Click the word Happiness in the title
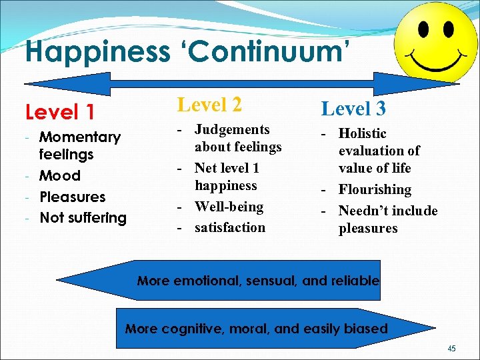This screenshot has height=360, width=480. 96,51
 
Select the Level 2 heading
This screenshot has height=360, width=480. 209,105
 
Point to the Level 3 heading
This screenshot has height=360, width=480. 353,108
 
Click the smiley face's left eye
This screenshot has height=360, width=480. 423,30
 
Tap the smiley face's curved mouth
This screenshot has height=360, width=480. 436,65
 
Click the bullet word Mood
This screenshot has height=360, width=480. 60,176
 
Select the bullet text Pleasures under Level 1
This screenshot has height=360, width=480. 73,197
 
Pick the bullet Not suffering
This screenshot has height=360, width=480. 83,218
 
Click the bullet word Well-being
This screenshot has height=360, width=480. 229,207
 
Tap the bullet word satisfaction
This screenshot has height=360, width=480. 229,228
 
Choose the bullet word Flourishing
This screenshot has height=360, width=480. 375,190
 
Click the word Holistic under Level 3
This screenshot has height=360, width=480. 362,134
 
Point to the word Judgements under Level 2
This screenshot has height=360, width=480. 232,129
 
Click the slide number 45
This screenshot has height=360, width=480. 452,348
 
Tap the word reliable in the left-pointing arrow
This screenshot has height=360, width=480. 355,281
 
